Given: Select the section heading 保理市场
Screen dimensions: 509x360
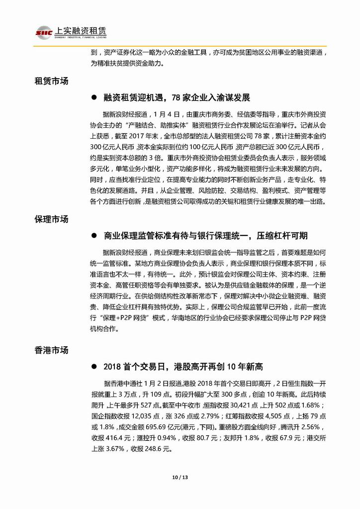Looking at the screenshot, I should click(51, 219).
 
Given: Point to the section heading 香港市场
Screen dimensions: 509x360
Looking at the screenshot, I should click(51, 350).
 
